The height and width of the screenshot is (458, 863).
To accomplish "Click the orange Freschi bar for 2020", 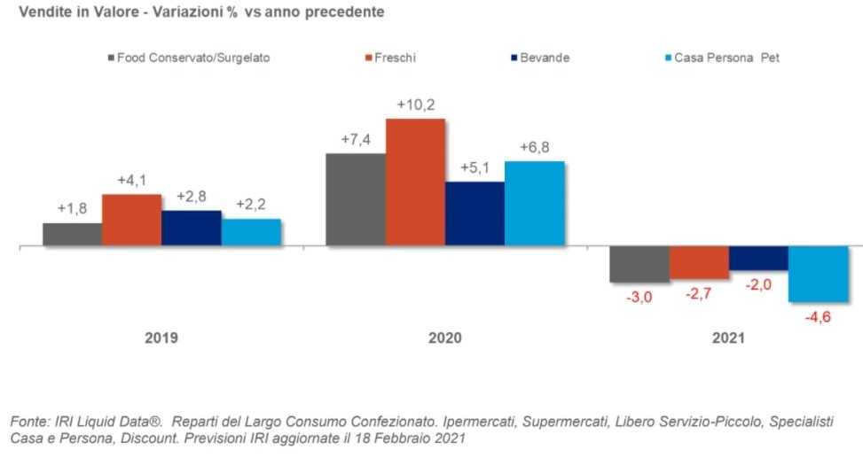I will point(415,182).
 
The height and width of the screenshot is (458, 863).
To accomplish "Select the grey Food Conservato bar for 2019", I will point(72,235).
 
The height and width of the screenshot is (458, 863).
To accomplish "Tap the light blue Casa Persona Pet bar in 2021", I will point(818,274).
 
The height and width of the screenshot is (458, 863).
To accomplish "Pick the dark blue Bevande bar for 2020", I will point(475,213).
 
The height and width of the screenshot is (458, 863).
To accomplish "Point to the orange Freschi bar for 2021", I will point(699,263).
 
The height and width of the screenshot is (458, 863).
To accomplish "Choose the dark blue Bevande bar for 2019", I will point(192,228).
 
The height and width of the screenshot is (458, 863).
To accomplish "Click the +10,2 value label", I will point(415,105).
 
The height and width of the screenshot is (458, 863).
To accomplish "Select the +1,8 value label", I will point(72,208).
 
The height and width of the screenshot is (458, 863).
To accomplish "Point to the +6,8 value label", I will point(535,146).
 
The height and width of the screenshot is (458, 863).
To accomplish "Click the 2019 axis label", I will point(161,338).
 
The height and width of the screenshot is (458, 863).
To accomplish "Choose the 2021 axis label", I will point(728,338).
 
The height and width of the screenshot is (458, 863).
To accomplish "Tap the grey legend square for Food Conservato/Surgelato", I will point(110,58).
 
